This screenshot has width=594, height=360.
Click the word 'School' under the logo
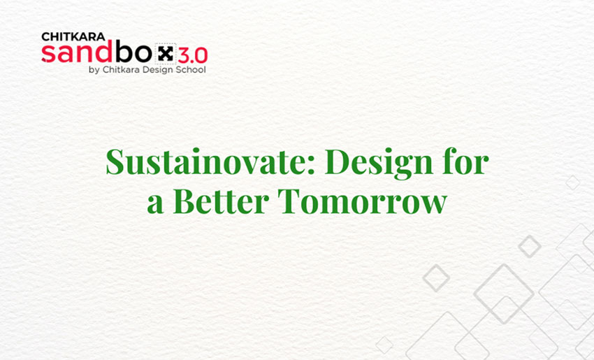tap(191, 69)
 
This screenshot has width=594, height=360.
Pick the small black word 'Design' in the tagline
tap(157, 69)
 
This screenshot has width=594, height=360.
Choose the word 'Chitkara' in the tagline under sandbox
tap(122, 69)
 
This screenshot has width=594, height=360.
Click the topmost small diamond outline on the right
tap(572, 182)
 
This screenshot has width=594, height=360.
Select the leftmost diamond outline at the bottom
tap(384, 345)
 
